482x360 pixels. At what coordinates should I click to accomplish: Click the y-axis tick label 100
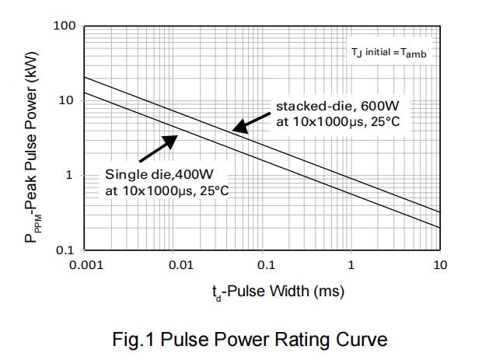click(65, 26)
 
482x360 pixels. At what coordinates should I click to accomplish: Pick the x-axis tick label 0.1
click(266, 265)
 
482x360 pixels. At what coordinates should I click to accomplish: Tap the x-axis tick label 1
click(351, 265)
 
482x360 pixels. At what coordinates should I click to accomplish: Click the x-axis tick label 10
click(440, 265)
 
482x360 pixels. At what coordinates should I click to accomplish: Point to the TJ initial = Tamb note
click(389, 54)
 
